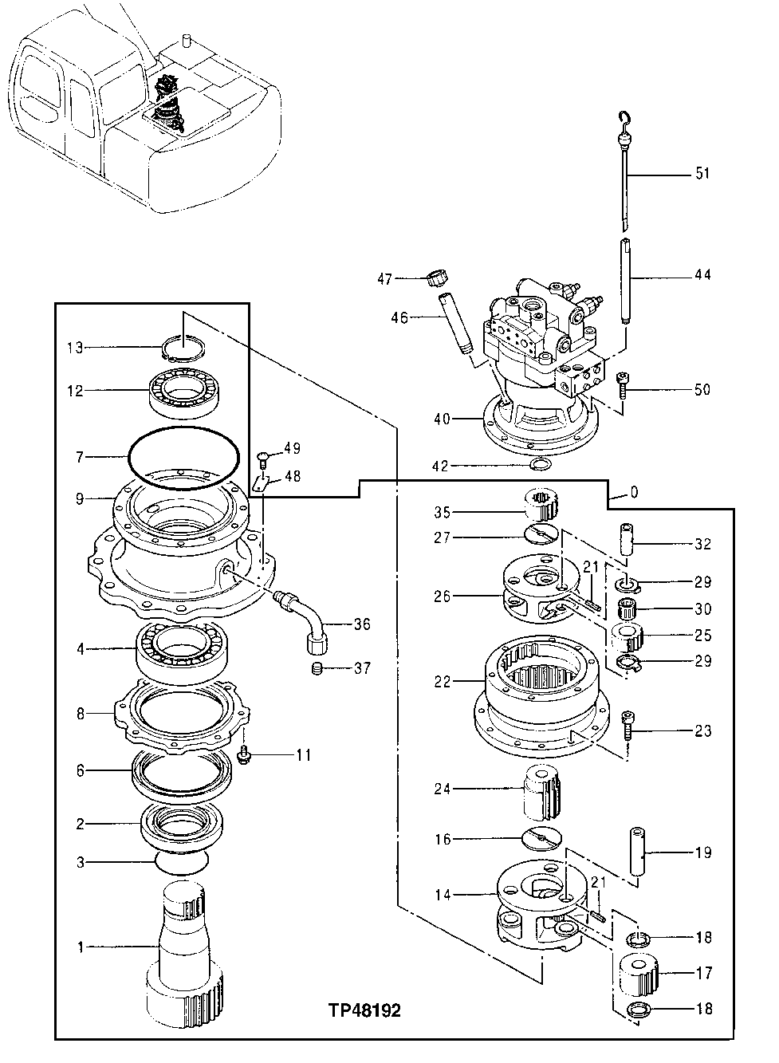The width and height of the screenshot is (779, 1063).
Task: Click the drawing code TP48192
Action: pos(364,1010)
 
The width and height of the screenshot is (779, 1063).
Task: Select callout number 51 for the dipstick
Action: pos(702,174)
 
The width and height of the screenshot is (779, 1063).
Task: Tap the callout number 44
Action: pos(702,275)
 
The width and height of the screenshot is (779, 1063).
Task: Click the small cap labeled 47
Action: pos(435,278)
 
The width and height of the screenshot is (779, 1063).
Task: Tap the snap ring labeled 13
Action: pos(184,348)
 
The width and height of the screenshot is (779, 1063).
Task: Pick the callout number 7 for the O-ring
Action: pos(80,457)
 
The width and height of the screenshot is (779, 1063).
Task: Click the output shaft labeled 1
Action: pos(183,949)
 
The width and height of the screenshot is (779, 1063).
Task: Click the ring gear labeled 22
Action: pos(542,686)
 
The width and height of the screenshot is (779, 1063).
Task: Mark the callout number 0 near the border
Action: pos(633,493)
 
